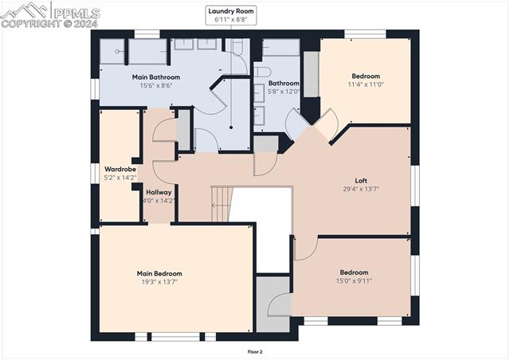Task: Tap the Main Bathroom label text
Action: (155, 77)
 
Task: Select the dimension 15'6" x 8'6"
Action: (155, 86)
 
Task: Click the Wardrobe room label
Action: (120, 169)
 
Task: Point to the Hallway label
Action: (159, 192)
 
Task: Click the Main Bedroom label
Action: (159, 273)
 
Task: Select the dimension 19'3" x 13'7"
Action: (159, 282)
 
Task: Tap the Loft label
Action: (361, 180)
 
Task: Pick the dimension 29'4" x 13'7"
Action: (361, 189)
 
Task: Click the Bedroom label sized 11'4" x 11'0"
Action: (366, 76)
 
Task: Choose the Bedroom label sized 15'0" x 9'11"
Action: (354, 272)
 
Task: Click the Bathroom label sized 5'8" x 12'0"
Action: (284, 83)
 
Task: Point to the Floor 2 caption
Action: (255, 350)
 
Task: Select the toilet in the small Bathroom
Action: (263, 72)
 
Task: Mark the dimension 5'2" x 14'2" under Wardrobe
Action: (120, 178)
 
